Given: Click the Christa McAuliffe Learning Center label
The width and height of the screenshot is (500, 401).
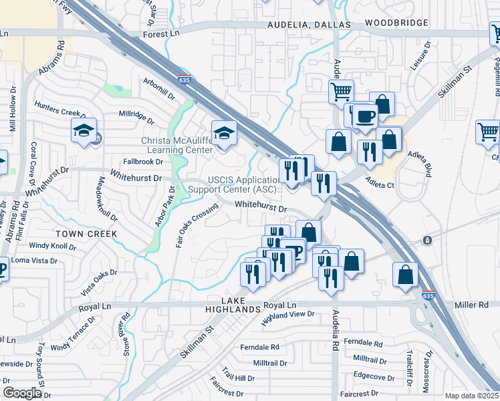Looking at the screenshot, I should tap(176, 145).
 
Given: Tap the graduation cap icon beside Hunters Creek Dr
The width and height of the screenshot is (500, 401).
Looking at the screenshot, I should tap(84, 132).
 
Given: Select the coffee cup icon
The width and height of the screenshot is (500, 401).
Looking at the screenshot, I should tap(364, 117).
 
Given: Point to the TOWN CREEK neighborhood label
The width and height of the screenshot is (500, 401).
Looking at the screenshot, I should tap(86, 234).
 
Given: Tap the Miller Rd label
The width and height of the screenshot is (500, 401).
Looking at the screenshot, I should tap(471, 305).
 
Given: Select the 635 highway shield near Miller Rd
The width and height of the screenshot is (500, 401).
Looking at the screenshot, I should tap(428, 295).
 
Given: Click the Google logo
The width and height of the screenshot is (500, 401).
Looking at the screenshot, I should tap(21, 393).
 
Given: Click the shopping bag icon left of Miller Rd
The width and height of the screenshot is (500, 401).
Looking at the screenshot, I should tap(405, 275).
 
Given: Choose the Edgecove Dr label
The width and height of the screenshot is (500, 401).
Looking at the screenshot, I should tap(374, 376).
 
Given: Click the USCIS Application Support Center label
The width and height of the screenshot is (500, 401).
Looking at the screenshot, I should tap(245, 185).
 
